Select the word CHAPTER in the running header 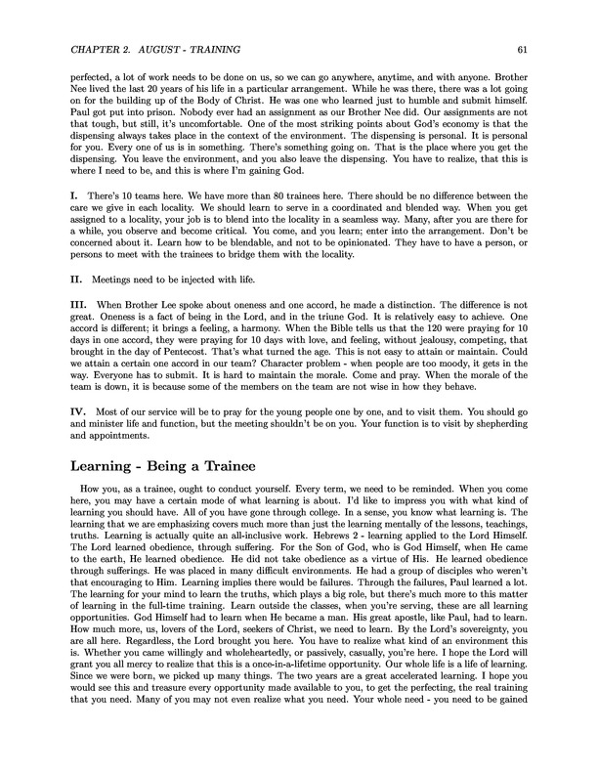pyautogui.click(x=84, y=49)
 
